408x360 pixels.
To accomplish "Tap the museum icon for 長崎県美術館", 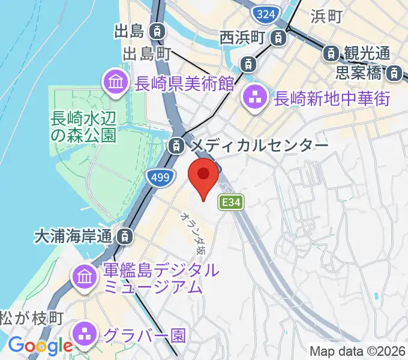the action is pos(115,84).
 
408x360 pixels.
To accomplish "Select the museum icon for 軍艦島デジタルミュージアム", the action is pos(84,277).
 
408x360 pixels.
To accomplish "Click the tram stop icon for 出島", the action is pos(157,30).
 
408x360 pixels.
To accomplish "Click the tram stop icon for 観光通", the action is pos(331,54).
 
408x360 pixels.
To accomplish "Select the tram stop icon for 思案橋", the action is pos(394,74).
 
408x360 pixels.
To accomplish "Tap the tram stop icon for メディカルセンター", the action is pos(176,145).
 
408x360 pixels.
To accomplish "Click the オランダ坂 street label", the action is pos(193,233).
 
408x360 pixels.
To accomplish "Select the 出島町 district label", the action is pos(148,54).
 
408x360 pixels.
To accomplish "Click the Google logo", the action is pos(40,346).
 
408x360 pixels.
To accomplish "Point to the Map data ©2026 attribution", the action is pos(357,351).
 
